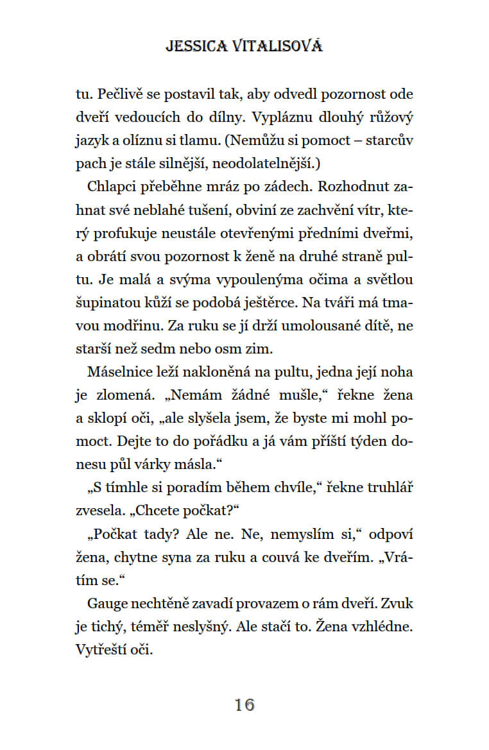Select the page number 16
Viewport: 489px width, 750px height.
click(x=244, y=704)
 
